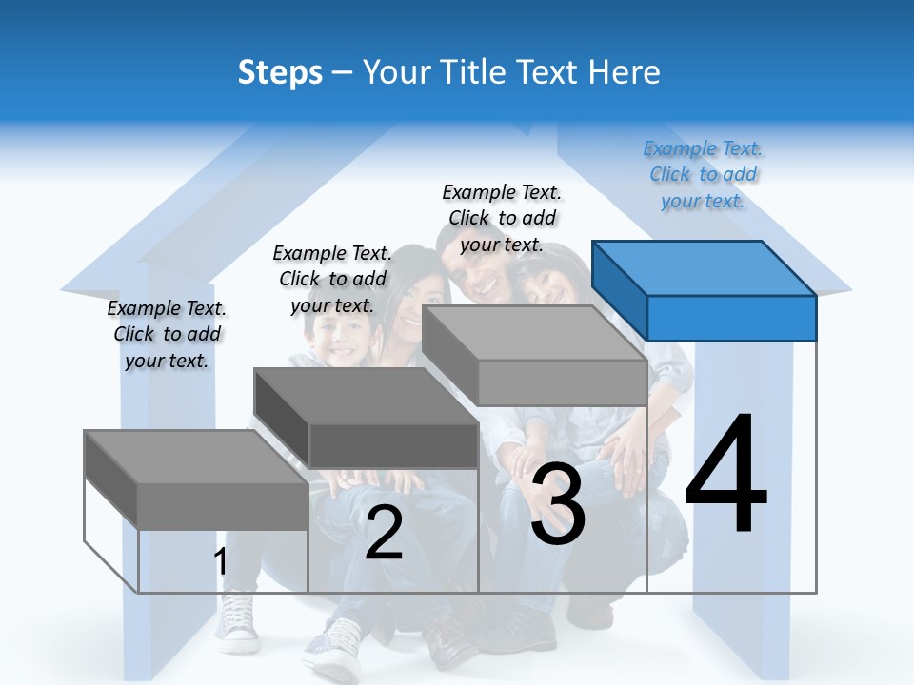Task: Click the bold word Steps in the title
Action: coord(280,72)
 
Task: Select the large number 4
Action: coord(725,476)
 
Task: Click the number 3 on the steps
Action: coord(558,505)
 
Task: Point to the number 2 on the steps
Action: coord(384,534)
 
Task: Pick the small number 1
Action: coord(221,562)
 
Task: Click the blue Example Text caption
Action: coord(703,175)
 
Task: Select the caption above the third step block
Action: coord(502,218)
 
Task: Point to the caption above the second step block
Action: coord(332,279)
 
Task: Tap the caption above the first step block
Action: coord(167,334)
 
